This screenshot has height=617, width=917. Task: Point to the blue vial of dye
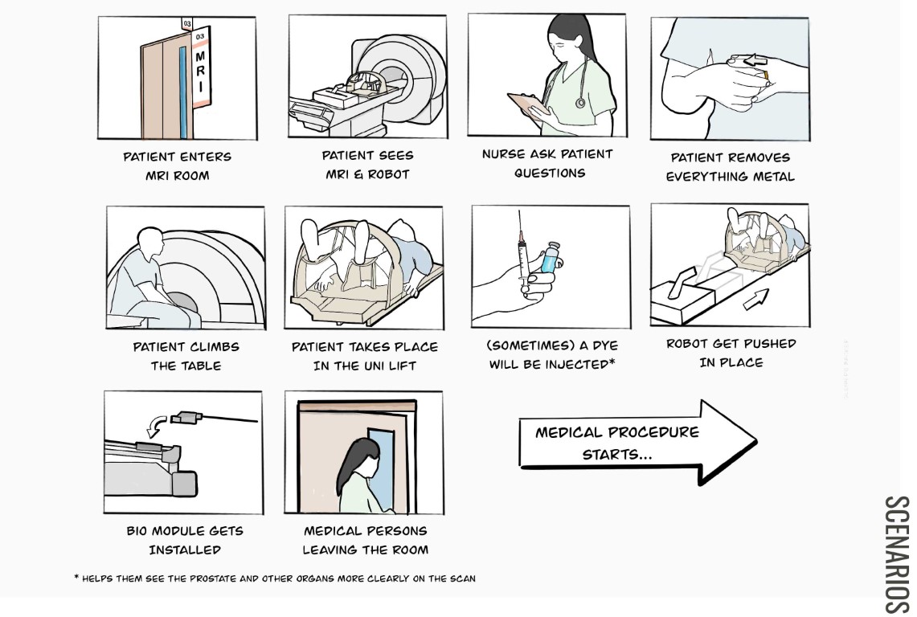tap(550, 259)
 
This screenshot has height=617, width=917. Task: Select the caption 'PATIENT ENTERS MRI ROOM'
tap(176, 166)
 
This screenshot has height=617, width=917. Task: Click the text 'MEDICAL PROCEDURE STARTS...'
tap(617, 443)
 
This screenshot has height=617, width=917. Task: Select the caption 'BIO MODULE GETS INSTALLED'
tap(184, 540)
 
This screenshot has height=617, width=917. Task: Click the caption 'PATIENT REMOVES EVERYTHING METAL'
tap(730, 167)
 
